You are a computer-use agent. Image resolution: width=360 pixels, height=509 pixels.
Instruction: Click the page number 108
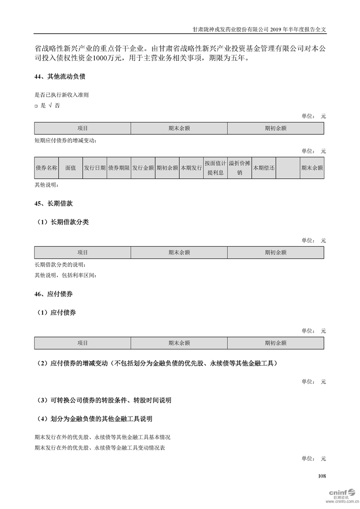(x=322, y=476)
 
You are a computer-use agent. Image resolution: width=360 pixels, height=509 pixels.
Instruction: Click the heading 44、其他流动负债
(x=60, y=77)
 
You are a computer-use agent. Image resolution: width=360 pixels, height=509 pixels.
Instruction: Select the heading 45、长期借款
(x=54, y=204)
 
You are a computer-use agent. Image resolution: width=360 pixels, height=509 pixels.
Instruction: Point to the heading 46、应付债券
(x=54, y=294)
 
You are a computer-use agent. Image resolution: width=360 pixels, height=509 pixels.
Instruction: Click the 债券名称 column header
(x=46, y=168)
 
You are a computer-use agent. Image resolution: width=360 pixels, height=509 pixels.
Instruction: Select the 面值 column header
(x=70, y=168)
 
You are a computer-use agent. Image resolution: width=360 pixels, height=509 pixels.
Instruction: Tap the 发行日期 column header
(x=94, y=168)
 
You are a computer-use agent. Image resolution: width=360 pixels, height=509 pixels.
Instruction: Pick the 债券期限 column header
(x=119, y=168)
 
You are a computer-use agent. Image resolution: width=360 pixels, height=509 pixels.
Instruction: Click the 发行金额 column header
(x=143, y=168)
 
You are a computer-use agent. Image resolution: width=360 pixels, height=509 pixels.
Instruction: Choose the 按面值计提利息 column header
(x=215, y=168)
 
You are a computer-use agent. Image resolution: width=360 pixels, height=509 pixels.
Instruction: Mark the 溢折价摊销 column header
(x=239, y=168)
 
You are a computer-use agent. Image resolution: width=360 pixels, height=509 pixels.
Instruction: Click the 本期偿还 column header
(x=264, y=168)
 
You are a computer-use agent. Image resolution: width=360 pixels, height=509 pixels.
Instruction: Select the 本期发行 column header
(x=191, y=168)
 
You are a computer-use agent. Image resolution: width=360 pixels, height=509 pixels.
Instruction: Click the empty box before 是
(x=36, y=106)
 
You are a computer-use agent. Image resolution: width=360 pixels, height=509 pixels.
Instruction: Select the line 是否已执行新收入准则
(x=61, y=95)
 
